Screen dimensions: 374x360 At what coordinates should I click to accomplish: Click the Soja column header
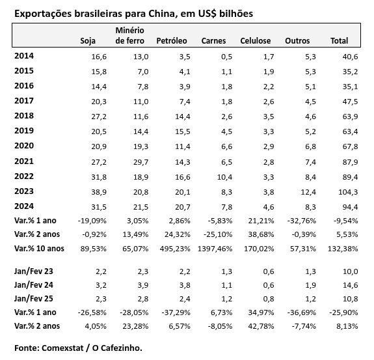tap(88, 41)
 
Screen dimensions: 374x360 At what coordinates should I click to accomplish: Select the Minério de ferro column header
tap(129, 36)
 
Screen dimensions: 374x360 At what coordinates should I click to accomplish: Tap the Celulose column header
tap(256, 41)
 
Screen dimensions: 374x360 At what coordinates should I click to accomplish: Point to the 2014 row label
tap(24, 56)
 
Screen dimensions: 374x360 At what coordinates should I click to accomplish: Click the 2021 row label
tap(24, 161)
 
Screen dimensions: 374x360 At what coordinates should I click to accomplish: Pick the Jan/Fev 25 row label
tap(34, 299)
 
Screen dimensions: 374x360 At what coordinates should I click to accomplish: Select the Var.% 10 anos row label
tap(39, 249)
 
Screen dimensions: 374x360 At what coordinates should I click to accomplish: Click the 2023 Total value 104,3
tap(348, 192)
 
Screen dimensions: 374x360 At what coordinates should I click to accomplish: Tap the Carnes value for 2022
tap(224, 177)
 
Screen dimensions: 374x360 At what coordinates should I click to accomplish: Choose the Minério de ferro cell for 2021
tap(140, 162)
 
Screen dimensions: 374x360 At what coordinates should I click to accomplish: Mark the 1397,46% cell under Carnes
tap(215, 249)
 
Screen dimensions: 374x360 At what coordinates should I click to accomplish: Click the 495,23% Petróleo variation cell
tap(175, 249)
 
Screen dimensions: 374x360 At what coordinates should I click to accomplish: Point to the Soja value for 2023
tap(99, 192)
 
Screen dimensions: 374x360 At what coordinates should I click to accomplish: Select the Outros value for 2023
tap(308, 192)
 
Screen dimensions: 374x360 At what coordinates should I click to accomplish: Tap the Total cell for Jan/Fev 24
tap(350, 285)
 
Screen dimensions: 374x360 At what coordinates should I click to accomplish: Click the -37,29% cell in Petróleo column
tap(176, 312)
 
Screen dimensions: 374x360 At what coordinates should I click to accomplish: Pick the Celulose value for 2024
tap(269, 207)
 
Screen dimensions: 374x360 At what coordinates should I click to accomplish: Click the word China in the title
tap(163, 14)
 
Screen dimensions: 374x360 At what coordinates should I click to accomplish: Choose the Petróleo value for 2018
tap(183, 117)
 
